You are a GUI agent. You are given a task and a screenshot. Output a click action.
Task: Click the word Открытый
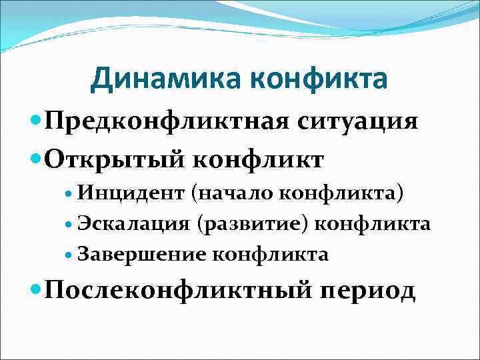(120, 159)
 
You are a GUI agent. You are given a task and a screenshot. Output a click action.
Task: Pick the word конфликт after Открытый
(262, 159)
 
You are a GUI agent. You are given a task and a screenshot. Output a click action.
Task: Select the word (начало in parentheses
(232, 193)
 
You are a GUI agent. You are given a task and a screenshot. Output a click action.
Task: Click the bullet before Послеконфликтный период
(35, 291)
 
